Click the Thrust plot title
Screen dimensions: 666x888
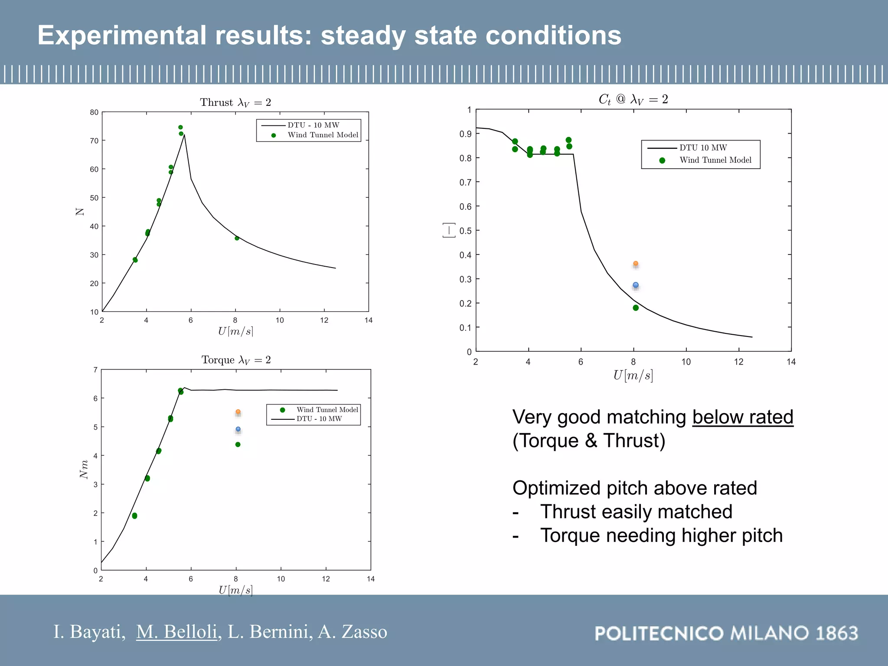coord(235,102)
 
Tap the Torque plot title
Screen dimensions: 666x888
coord(236,360)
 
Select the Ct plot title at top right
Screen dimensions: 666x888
coord(633,99)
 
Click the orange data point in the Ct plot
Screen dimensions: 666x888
coord(636,264)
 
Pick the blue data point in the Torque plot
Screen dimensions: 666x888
coord(238,429)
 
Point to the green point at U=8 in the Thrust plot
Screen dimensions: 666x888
coord(237,238)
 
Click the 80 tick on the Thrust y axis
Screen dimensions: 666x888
coord(94,112)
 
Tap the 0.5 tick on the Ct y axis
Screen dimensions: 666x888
coord(465,231)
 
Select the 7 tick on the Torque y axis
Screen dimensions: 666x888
coord(95,370)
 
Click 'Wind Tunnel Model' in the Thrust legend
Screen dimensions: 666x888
coord(323,135)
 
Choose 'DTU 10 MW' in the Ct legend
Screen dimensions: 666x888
coord(703,148)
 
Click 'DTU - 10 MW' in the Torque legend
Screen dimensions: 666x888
coord(319,419)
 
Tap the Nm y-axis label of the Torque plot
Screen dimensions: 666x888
coord(84,470)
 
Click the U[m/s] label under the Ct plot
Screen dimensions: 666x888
coord(633,375)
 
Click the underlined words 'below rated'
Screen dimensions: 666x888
coord(742,417)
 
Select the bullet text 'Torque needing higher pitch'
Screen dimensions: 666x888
coord(661,535)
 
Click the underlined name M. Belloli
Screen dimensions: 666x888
coord(176,632)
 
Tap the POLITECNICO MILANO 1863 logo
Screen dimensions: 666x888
coord(726,633)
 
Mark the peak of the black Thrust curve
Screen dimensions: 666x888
coord(184,135)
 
